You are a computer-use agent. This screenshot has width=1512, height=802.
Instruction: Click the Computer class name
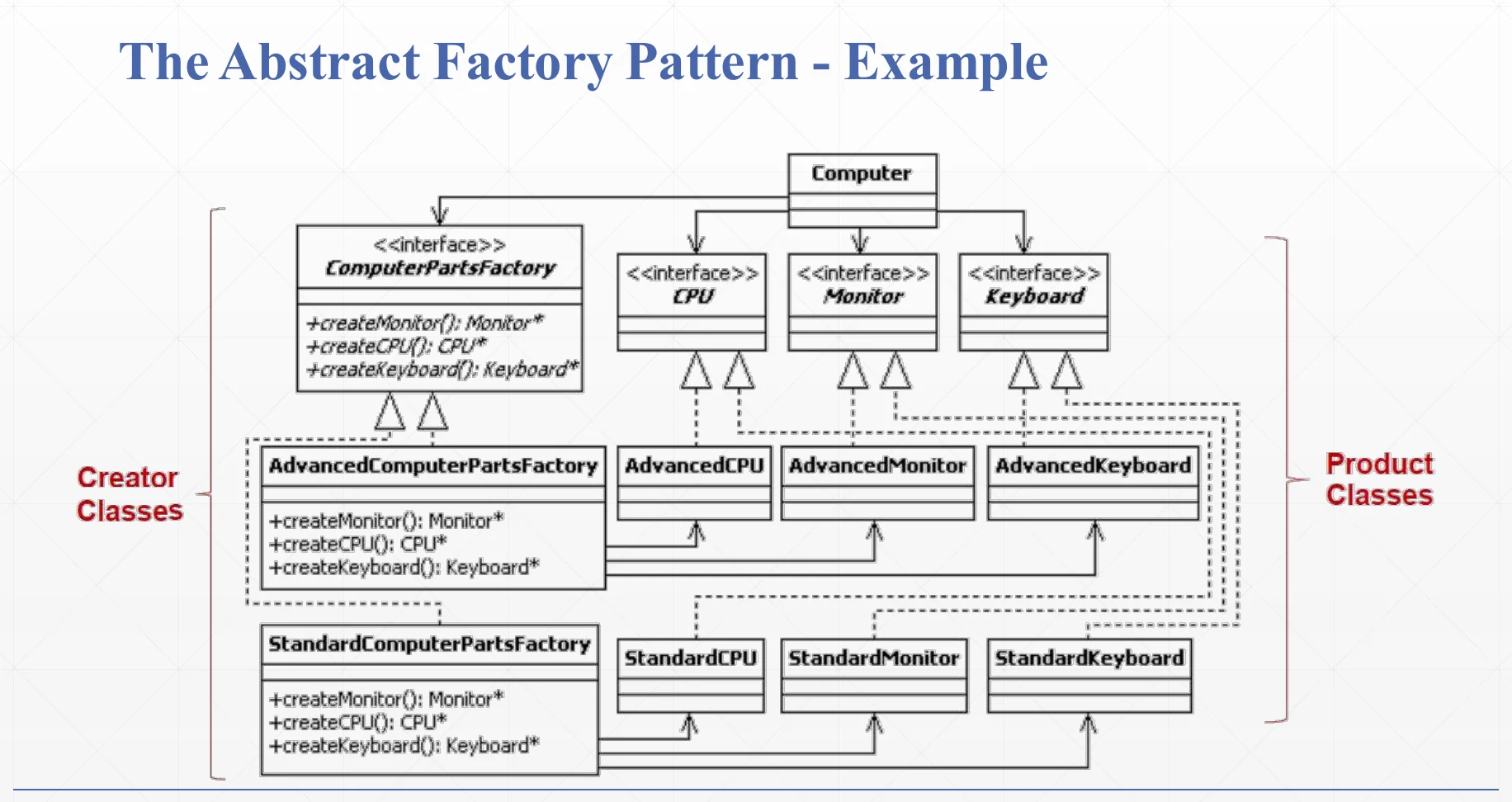(x=862, y=173)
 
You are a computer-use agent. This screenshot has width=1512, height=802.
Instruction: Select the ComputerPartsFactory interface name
(x=440, y=268)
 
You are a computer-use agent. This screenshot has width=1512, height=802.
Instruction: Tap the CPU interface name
(x=692, y=295)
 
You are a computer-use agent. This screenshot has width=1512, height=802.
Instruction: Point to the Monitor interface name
(x=863, y=295)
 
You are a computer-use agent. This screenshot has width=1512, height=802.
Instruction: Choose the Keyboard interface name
(x=1035, y=296)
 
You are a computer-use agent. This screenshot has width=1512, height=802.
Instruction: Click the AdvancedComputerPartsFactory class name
(x=433, y=466)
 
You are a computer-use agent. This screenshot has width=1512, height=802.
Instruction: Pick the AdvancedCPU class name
(x=694, y=466)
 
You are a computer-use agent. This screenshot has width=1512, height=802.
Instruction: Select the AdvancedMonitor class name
(x=877, y=466)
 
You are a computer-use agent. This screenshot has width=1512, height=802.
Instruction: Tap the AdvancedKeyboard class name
(x=1094, y=466)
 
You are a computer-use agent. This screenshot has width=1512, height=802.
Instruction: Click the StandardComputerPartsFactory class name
(x=430, y=644)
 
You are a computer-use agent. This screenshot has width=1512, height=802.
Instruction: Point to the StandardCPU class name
(x=691, y=658)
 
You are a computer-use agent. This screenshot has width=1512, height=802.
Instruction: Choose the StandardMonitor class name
(x=874, y=658)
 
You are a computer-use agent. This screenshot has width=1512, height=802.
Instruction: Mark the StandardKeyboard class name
(x=1089, y=658)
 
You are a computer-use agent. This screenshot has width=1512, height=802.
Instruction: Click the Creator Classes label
(x=130, y=494)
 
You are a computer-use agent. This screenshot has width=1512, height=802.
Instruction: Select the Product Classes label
(x=1380, y=479)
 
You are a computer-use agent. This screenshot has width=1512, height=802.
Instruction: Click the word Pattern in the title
(x=712, y=62)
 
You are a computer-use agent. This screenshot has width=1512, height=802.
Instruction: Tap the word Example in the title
(x=946, y=64)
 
